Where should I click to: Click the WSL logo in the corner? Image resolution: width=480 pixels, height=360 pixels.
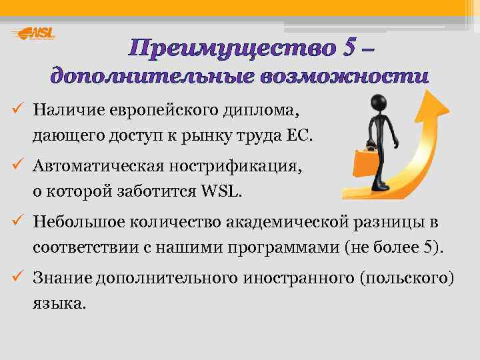tap(34, 33)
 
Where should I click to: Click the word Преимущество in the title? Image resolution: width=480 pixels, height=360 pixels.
tap(233, 48)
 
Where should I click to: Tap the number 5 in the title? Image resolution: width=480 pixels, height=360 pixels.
tap(349, 48)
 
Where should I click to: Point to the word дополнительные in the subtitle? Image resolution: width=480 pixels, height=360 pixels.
tap(153, 76)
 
